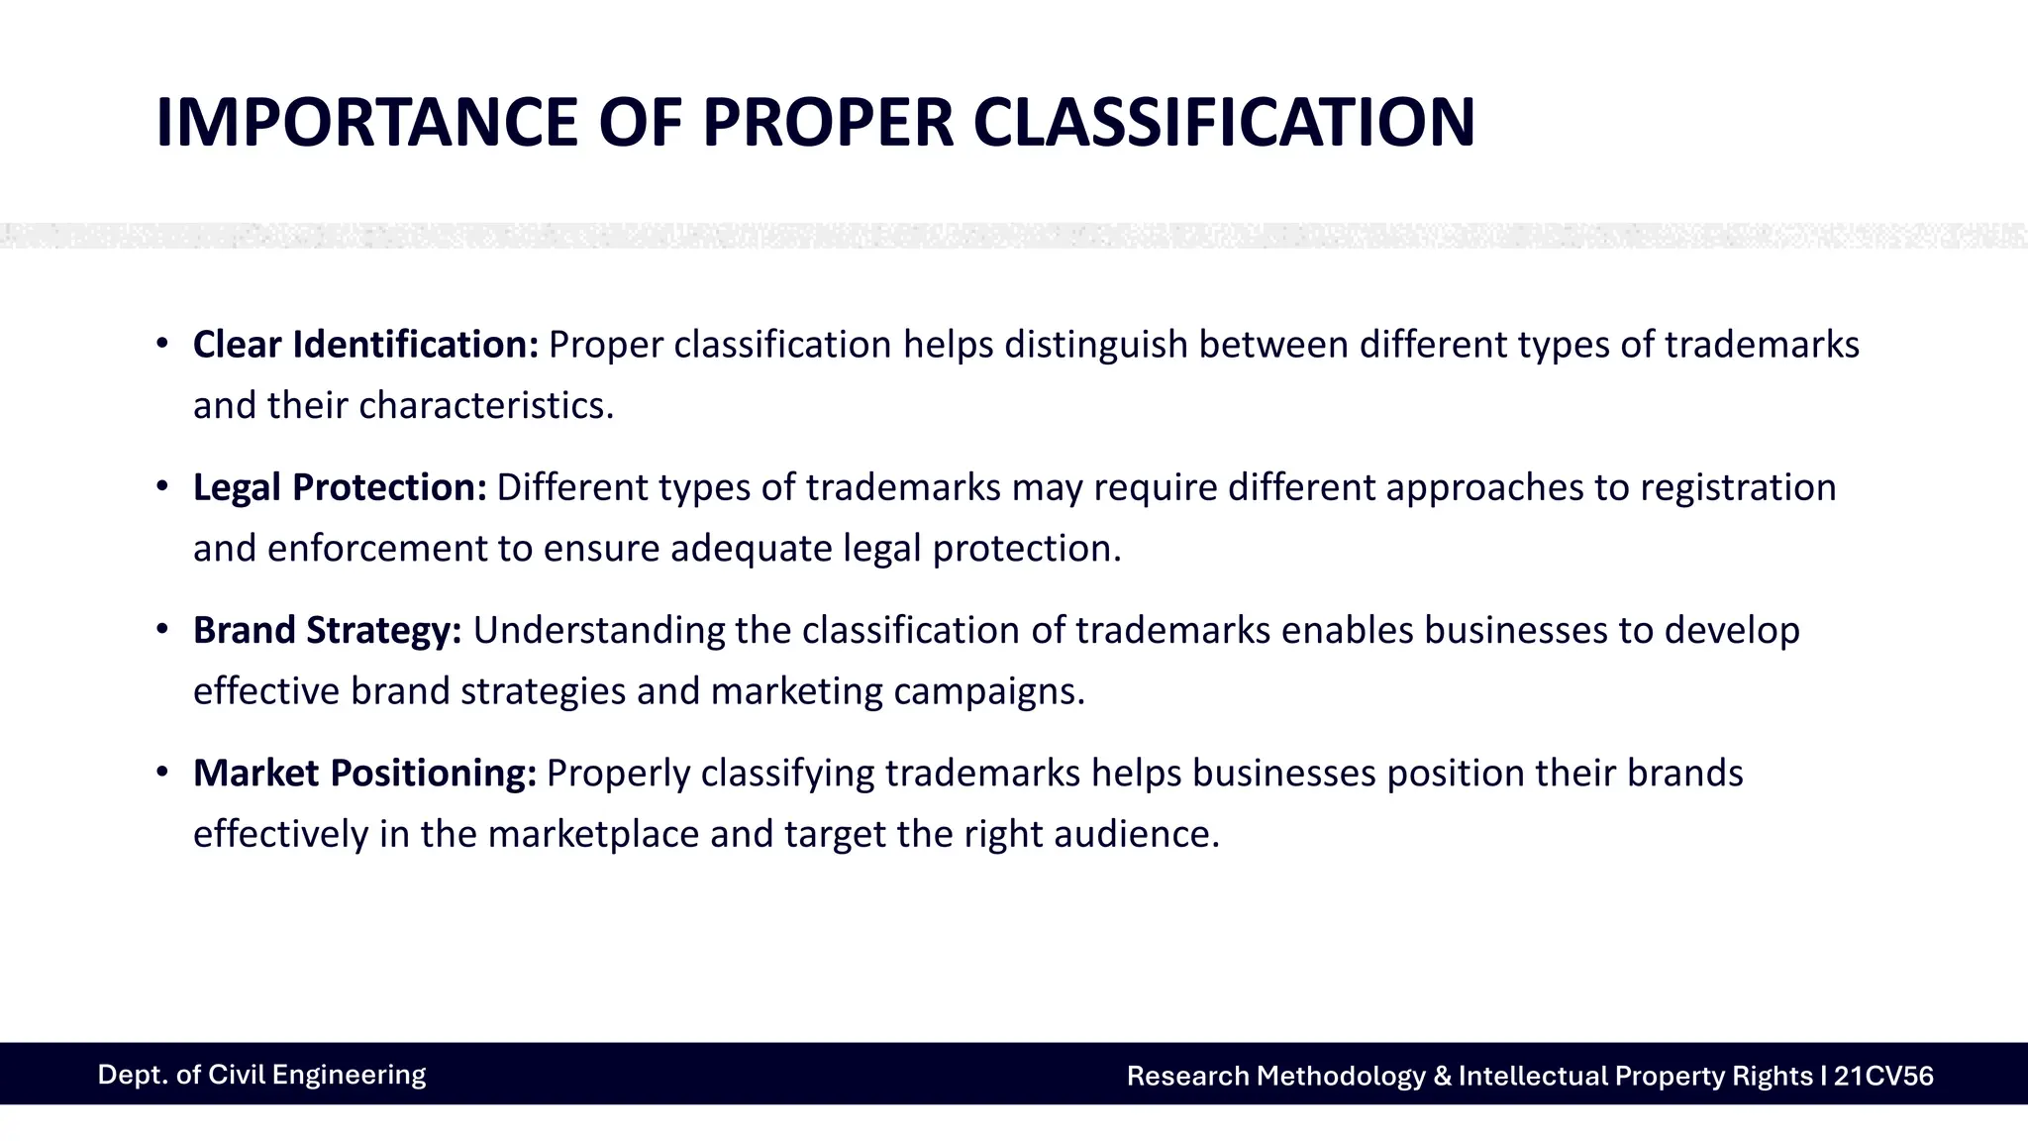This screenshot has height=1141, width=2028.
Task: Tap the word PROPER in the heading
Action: [828, 123]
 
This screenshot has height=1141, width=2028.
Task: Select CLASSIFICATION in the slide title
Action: [1224, 123]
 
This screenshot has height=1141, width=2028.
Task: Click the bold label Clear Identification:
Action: [365, 345]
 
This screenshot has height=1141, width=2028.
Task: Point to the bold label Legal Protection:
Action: [340, 487]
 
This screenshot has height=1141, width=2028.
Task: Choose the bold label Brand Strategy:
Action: [327, 630]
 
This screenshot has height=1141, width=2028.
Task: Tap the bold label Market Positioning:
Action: [364, 773]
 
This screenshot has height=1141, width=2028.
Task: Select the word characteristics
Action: [486, 405]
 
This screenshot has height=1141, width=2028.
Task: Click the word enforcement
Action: [377, 548]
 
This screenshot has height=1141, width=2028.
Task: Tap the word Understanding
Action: [599, 630]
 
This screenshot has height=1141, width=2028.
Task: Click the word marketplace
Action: [594, 833]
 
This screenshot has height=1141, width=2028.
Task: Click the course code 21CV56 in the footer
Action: [1882, 1076]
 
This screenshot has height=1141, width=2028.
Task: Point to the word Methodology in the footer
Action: [1341, 1076]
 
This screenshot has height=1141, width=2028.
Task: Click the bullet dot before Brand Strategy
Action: [162, 630]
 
